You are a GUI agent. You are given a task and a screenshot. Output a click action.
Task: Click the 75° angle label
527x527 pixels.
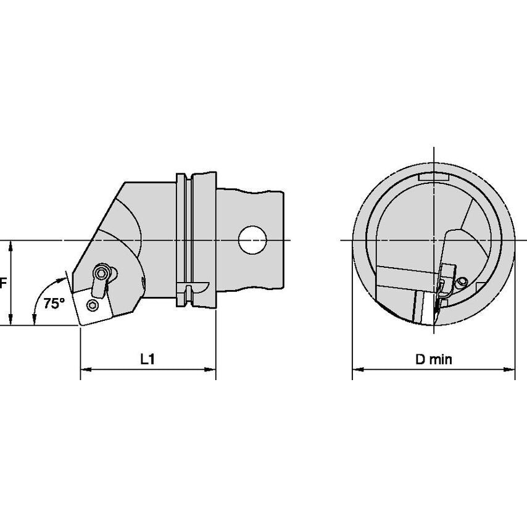tap(54, 304)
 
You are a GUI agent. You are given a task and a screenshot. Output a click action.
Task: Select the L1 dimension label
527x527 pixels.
tap(147, 359)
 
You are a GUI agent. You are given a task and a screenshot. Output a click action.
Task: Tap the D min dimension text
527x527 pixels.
tap(434, 359)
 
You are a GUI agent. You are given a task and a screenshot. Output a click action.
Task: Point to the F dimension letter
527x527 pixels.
tap(3, 283)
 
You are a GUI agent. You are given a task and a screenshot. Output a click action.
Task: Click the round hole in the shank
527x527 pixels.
tap(252, 240)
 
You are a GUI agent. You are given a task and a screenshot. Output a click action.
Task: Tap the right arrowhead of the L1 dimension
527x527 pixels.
tap(210, 370)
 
